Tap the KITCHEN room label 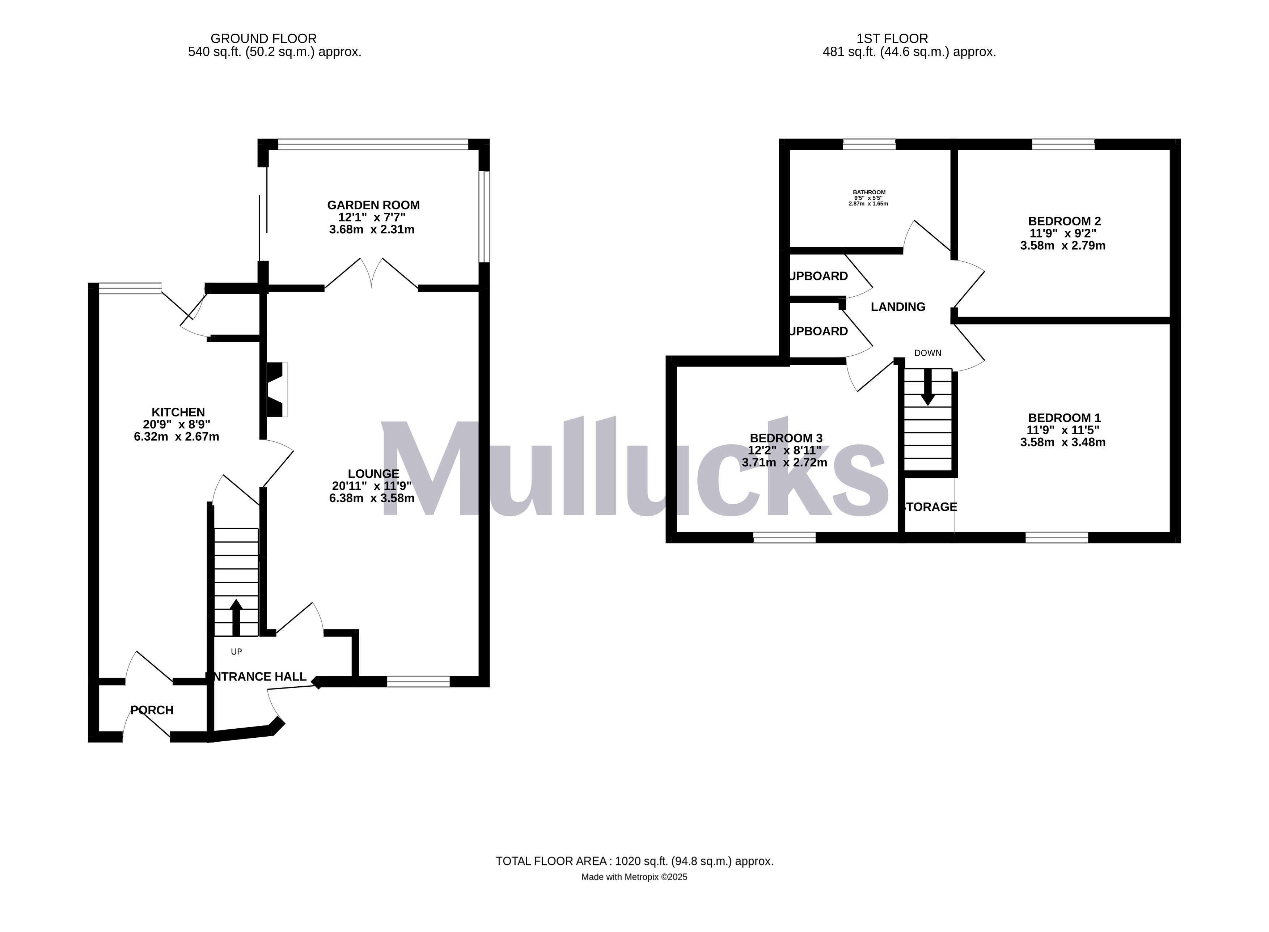coord(178,412)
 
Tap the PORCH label coord(152,710)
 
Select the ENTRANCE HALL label coord(257,677)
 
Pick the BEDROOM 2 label coord(1064,221)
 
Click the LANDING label coord(898,307)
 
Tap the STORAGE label coord(929,507)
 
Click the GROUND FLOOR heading coord(263,38)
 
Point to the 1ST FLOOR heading coord(892,38)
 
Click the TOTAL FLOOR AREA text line coord(634,861)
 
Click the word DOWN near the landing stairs coord(928,353)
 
